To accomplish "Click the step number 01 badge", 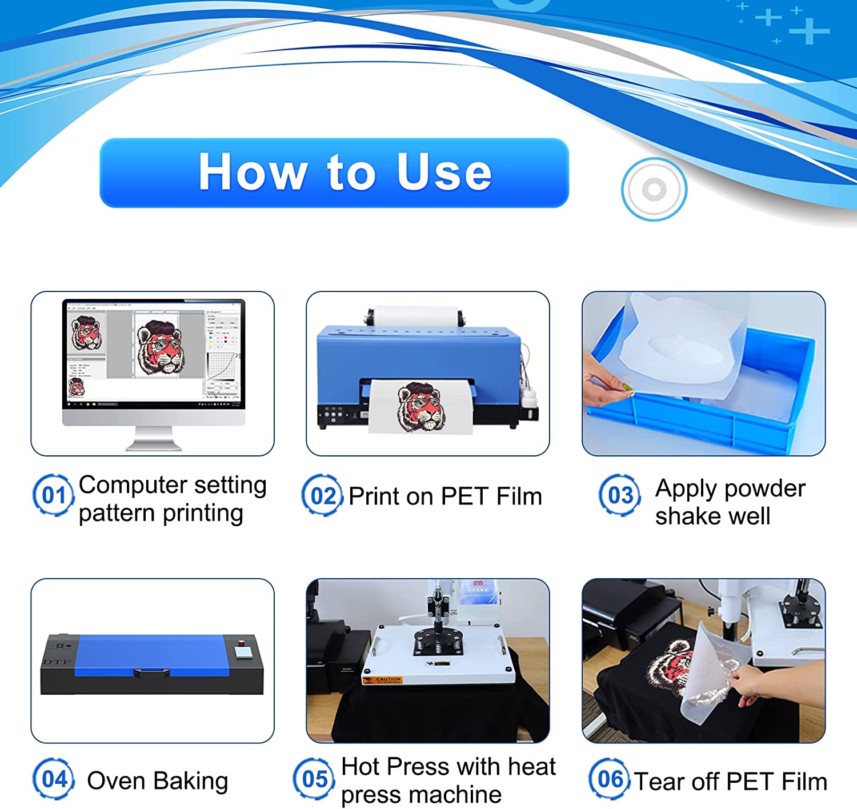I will pyautogui.click(x=53, y=495).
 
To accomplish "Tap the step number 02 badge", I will pyautogui.click(x=322, y=495).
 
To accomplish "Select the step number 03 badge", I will pyautogui.click(x=619, y=495).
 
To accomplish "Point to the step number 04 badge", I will pyautogui.click(x=54, y=779).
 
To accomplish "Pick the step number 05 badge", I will pyautogui.click(x=314, y=779).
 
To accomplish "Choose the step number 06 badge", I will pyautogui.click(x=609, y=779).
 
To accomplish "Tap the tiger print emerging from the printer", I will pyautogui.click(x=422, y=407).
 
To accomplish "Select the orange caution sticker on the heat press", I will pyautogui.click(x=382, y=680).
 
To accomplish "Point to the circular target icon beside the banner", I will pyautogui.click(x=654, y=189).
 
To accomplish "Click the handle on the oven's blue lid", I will pyautogui.click(x=151, y=672).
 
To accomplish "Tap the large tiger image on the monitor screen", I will pyautogui.click(x=160, y=347).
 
